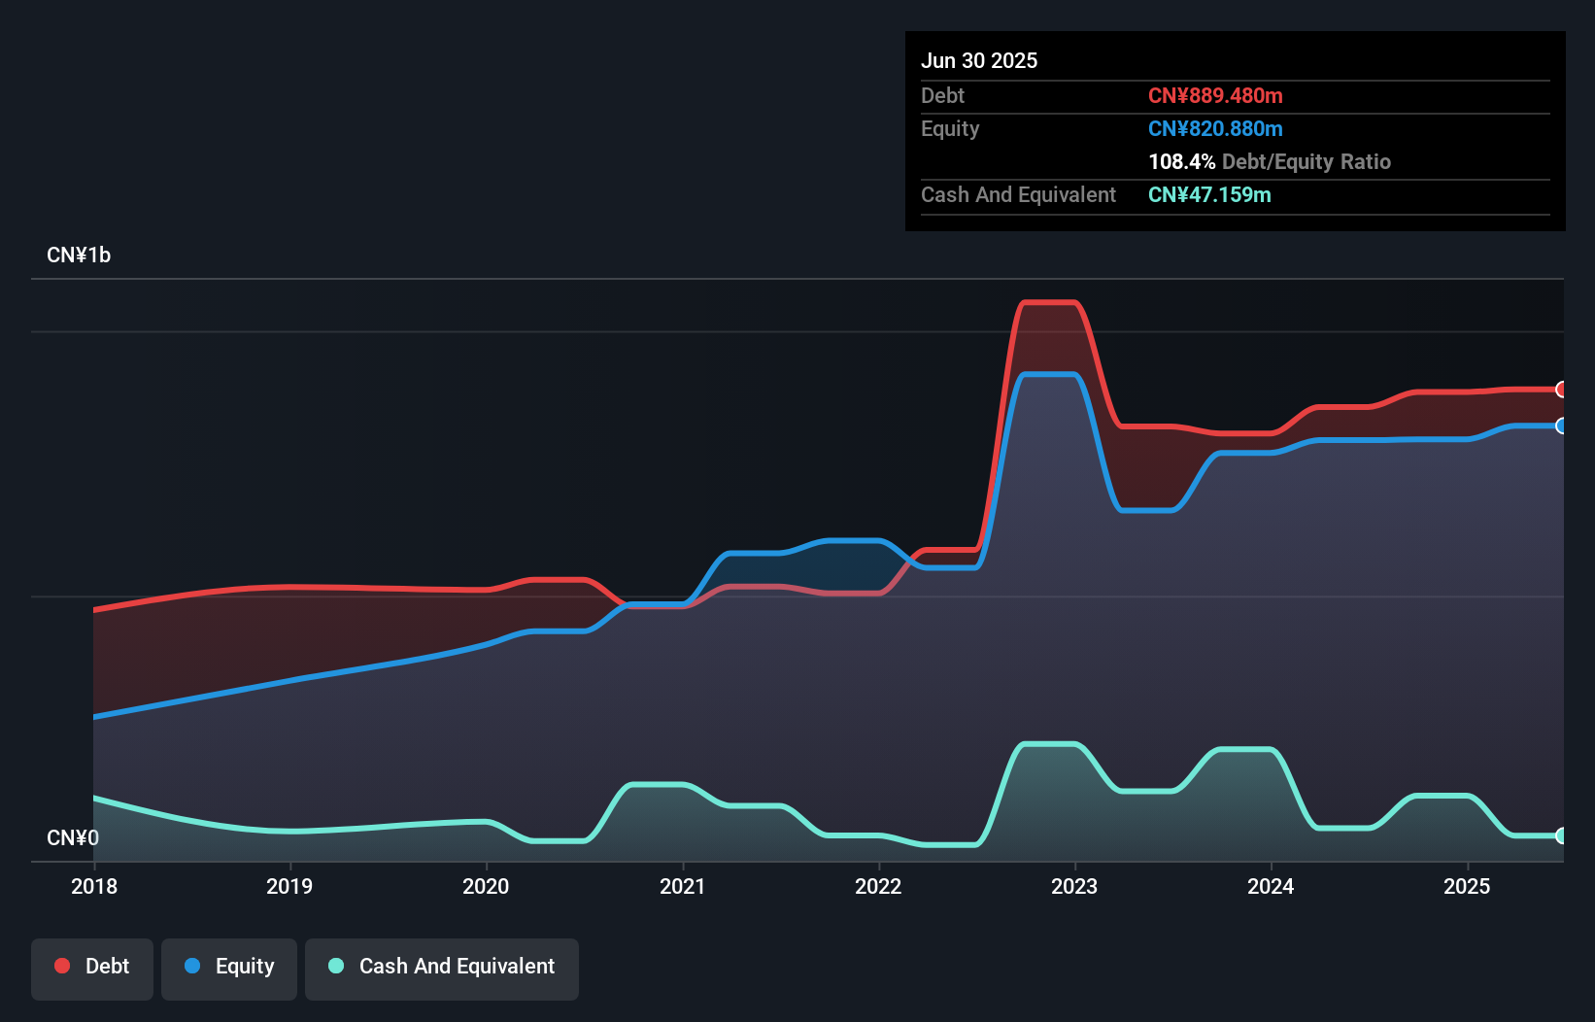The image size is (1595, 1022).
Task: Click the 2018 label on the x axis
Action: click(94, 886)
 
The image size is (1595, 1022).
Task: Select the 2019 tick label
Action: click(289, 886)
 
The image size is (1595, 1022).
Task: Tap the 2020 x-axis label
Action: click(486, 886)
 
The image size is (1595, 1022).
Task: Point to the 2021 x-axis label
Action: click(682, 886)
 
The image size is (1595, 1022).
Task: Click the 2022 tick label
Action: click(878, 886)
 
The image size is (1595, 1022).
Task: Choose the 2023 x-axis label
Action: click(1074, 886)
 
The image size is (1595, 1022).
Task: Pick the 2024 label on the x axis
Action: click(1271, 886)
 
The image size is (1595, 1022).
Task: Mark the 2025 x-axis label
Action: click(1467, 886)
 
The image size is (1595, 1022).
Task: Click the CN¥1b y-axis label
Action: click(79, 255)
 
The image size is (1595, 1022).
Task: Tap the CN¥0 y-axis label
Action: click(73, 837)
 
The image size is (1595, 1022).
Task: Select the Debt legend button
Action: click(92, 967)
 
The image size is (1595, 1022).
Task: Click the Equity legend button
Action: click(229, 967)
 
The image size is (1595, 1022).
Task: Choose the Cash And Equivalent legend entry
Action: click(442, 967)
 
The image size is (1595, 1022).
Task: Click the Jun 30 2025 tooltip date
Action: click(979, 60)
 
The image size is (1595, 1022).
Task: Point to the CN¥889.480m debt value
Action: click(1215, 95)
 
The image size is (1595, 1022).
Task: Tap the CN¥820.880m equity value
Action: click(1215, 128)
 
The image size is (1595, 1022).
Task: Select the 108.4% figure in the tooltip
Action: click(1181, 161)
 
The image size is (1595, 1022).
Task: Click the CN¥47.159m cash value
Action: click(1209, 194)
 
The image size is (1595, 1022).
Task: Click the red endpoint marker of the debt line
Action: click(1561, 390)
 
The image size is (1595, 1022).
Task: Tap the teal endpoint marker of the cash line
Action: click(1561, 835)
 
